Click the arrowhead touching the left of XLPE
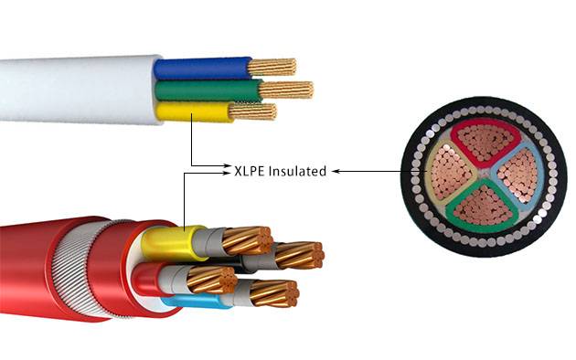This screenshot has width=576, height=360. click(229, 170)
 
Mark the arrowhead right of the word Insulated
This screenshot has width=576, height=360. click(335, 170)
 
